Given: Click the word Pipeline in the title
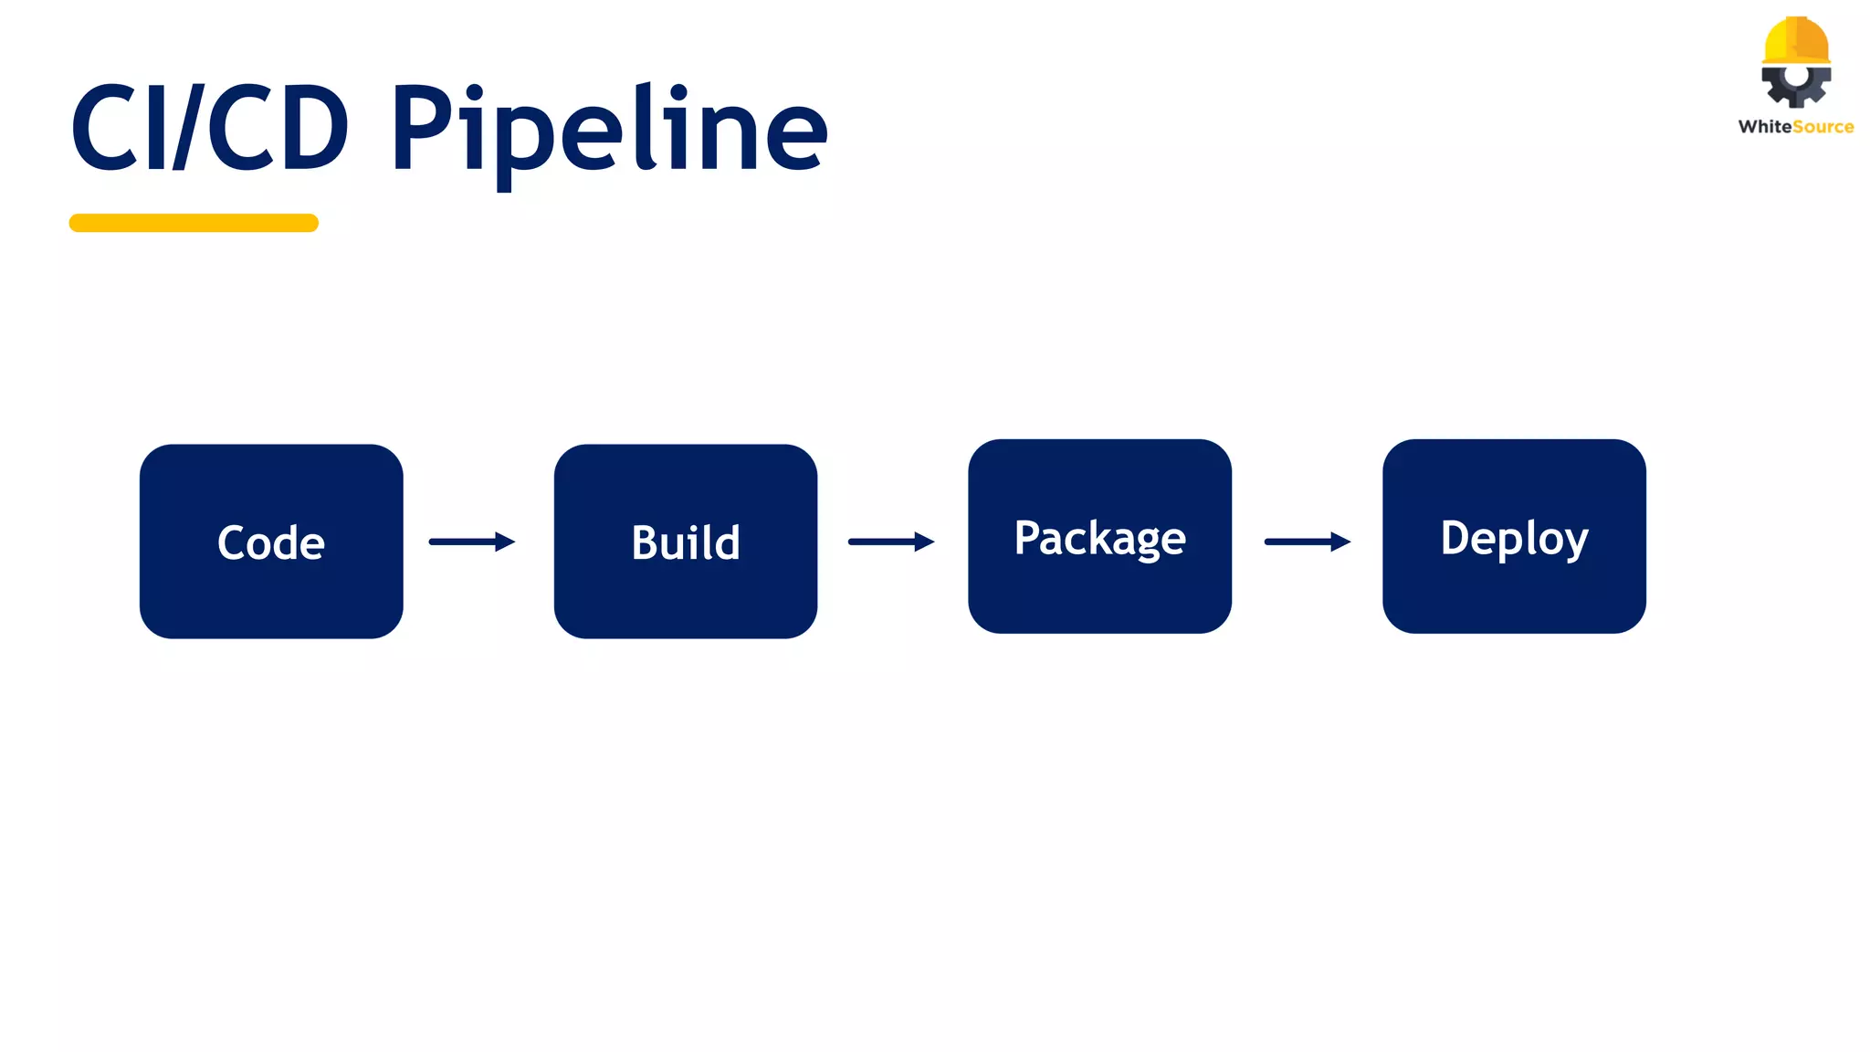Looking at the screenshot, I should click(609, 130).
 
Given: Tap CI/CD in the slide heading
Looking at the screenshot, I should click(210, 128).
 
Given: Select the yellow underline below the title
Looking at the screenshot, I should click(194, 223).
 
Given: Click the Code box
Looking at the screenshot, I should click(271, 541).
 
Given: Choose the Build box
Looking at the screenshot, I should click(685, 541).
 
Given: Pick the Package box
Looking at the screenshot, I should click(1099, 536).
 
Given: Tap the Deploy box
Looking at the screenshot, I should click(1514, 536).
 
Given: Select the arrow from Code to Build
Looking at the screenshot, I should click(471, 542).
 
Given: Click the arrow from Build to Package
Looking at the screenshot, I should click(890, 542).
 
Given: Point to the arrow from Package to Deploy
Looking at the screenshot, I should click(1307, 542).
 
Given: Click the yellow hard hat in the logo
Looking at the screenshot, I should click(1796, 41).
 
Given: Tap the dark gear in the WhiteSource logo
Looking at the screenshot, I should click(1796, 85).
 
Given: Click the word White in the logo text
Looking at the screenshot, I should click(1764, 127).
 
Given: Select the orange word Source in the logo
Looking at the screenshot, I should click(1823, 127).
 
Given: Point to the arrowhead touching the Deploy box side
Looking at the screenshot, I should click(1340, 542).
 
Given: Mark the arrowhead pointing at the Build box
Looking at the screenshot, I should click(505, 542).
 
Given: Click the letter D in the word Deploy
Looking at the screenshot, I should click(1456, 537).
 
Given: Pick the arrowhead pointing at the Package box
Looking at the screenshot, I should click(924, 542).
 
